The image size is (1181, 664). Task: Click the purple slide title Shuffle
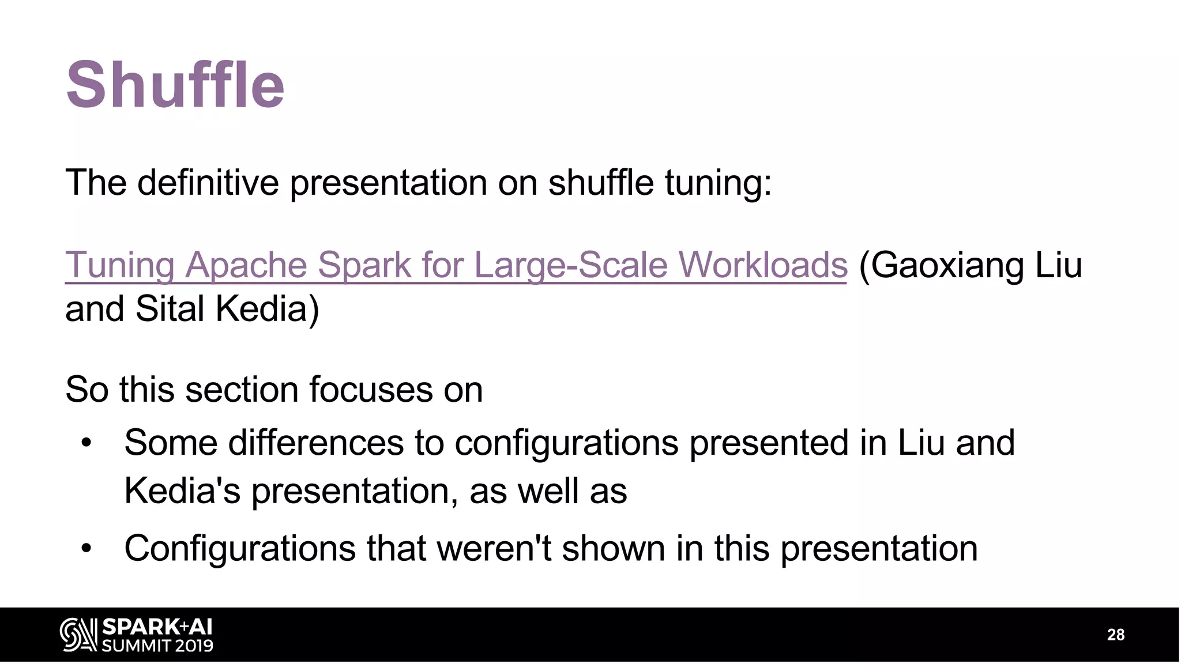point(175,85)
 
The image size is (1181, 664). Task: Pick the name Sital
point(170,309)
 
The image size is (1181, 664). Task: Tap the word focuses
point(371,390)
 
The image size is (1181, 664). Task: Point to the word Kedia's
point(182,491)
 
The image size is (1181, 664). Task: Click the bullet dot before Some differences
point(86,443)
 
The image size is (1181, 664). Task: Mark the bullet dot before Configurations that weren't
point(86,549)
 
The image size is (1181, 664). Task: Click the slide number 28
point(1115,635)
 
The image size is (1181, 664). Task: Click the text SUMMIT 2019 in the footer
point(157,646)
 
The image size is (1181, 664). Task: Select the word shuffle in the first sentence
point(601,183)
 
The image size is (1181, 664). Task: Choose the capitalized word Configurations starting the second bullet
point(240,548)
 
